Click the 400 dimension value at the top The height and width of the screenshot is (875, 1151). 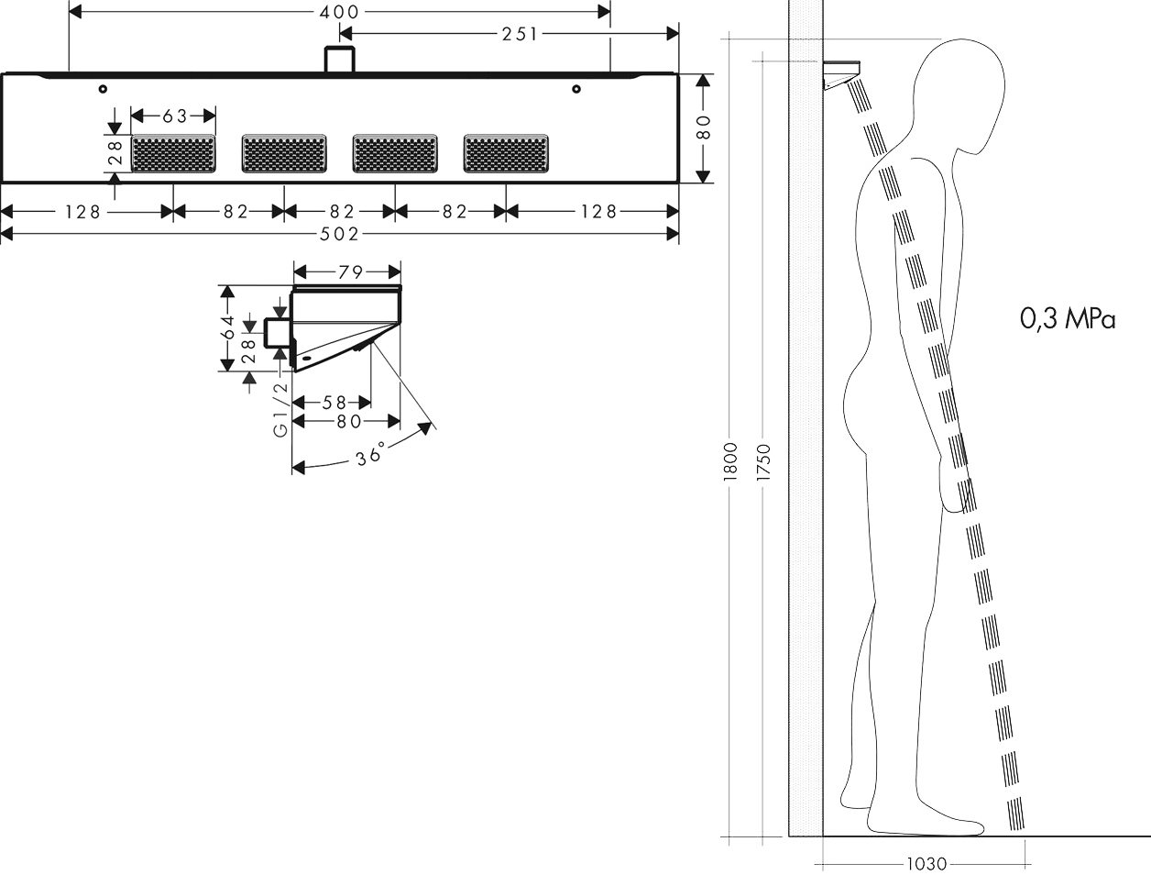339,12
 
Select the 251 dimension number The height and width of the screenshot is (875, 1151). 520,34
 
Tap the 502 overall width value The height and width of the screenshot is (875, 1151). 339,234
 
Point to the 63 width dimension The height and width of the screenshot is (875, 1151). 175,116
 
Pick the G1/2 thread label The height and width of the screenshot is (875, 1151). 281,409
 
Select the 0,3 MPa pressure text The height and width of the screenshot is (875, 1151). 1068,319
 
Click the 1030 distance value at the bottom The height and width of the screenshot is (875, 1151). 926,863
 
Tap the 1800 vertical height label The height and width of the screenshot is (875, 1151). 730,461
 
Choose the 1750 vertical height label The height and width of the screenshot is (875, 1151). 764,462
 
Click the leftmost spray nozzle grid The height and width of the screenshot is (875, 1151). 173,153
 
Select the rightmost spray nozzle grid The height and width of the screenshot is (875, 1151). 506,153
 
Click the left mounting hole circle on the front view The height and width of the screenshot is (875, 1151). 103,89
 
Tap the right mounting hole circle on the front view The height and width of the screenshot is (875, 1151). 576,89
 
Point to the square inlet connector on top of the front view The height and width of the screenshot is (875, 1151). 340,60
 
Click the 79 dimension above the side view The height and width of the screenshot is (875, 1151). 350,272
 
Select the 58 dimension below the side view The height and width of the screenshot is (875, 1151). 334,403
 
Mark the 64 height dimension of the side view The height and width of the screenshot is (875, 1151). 228,327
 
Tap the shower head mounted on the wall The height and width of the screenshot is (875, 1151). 841,75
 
